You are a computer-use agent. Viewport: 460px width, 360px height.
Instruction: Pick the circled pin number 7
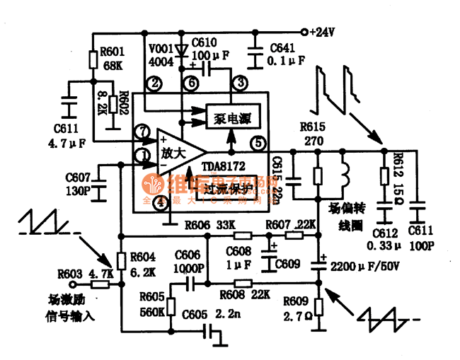144,131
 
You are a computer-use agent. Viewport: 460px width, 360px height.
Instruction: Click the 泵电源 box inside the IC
228,117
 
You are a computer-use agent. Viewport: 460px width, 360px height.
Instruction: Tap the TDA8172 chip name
223,166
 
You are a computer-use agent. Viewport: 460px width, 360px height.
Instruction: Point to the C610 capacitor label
205,42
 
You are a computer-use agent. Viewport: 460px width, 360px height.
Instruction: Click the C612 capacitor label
385,234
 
